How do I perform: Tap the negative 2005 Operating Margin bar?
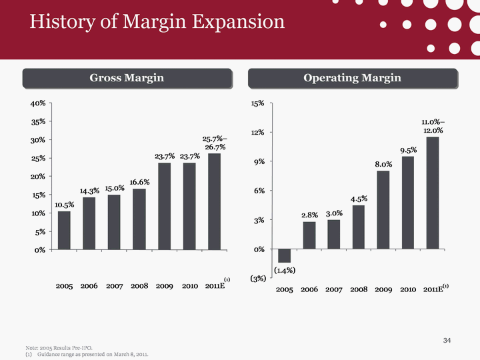[x=284, y=255]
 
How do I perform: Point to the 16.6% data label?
[x=139, y=181]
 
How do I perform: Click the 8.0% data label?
[x=383, y=163]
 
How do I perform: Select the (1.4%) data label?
[x=285, y=270]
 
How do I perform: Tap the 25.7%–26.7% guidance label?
[x=215, y=143]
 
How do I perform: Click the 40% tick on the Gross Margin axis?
[x=37, y=103]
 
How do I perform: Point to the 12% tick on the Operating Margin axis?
[x=257, y=133]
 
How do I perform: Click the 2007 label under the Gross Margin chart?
[x=114, y=286]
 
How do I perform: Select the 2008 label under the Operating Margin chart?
[x=359, y=289]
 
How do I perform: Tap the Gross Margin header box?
[x=127, y=79]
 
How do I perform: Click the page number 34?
[x=447, y=342]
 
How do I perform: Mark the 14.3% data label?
[x=89, y=191]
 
